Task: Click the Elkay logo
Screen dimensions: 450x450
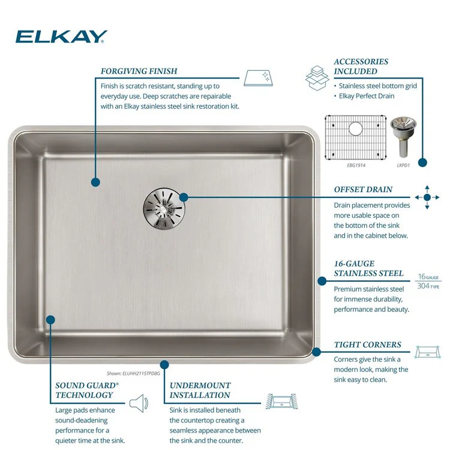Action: coord(61,37)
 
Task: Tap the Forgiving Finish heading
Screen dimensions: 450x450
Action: coord(139,71)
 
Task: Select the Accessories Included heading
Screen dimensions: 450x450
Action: coord(361,66)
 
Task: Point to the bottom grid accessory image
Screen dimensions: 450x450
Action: coord(356,137)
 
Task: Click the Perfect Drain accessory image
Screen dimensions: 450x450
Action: coord(403,136)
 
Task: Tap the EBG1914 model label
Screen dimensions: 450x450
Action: coord(356,166)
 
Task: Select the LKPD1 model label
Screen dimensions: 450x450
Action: coord(403,166)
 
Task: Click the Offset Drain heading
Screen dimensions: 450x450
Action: coord(363,190)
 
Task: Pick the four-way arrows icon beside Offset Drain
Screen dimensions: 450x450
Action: coord(427,197)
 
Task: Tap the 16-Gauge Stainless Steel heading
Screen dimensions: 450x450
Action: coord(368,268)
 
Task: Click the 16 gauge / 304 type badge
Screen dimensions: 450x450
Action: coord(428,281)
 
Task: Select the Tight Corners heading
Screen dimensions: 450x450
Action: coord(367,344)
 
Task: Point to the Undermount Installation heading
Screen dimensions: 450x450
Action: coord(200,391)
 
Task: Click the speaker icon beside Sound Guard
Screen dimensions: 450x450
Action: coord(139,403)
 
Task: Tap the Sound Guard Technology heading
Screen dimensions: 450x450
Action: coord(87,391)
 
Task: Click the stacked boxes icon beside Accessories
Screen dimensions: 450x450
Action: coord(317,78)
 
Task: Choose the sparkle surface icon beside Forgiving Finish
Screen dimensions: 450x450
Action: coord(258,78)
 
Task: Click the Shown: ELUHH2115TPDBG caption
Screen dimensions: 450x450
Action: coord(133,373)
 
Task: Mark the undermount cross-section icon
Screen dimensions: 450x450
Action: coord(281,401)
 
